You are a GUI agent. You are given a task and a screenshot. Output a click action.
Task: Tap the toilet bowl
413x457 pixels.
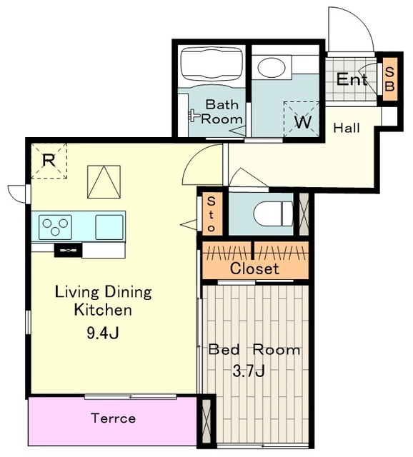[x=273, y=214]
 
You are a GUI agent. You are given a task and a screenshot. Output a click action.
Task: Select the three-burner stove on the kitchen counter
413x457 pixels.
[x=55, y=227]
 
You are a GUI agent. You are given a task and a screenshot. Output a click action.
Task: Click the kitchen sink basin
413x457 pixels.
[x=109, y=227]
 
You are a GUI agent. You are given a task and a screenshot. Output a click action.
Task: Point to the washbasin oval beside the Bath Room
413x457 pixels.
[x=272, y=67]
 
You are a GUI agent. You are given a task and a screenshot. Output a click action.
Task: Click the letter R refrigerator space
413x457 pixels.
[x=49, y=161]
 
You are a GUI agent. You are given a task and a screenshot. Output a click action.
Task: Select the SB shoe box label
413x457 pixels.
[x=389, y=79]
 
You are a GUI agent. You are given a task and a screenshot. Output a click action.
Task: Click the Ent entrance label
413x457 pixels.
[x=352, y=79]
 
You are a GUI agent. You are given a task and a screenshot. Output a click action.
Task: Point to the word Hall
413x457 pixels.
[x=347, y=128]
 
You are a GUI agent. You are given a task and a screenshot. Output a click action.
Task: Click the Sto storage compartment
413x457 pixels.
[x=212, y=214]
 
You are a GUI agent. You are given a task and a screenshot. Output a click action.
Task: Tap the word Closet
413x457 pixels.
[x=254, y=268]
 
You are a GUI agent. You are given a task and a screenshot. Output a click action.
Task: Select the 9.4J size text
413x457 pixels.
[x=103, y=333]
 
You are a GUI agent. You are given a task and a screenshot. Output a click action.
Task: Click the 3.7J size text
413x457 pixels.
[x=249, y=371]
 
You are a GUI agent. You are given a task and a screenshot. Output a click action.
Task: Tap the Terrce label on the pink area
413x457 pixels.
[x=113, y=418]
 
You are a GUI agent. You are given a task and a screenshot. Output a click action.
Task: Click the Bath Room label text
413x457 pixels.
[x=222, y=112]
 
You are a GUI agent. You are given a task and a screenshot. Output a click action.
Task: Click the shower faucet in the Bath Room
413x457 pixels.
[x=194, y=116]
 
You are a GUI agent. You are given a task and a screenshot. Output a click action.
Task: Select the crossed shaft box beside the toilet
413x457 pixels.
[x=304, y=214]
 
